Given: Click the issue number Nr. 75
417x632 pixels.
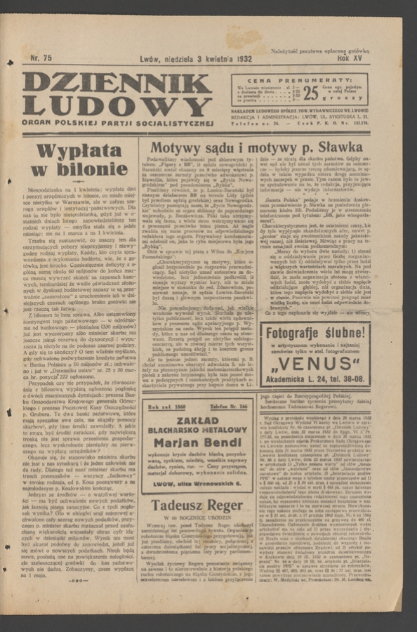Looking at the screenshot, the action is coord(42,59).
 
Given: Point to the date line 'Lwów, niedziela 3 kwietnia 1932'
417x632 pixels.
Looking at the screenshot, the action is coord(196,60).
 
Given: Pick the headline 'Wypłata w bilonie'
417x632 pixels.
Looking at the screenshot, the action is coord(82,160).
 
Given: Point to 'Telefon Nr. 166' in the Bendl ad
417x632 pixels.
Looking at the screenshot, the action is coord(232,407).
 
